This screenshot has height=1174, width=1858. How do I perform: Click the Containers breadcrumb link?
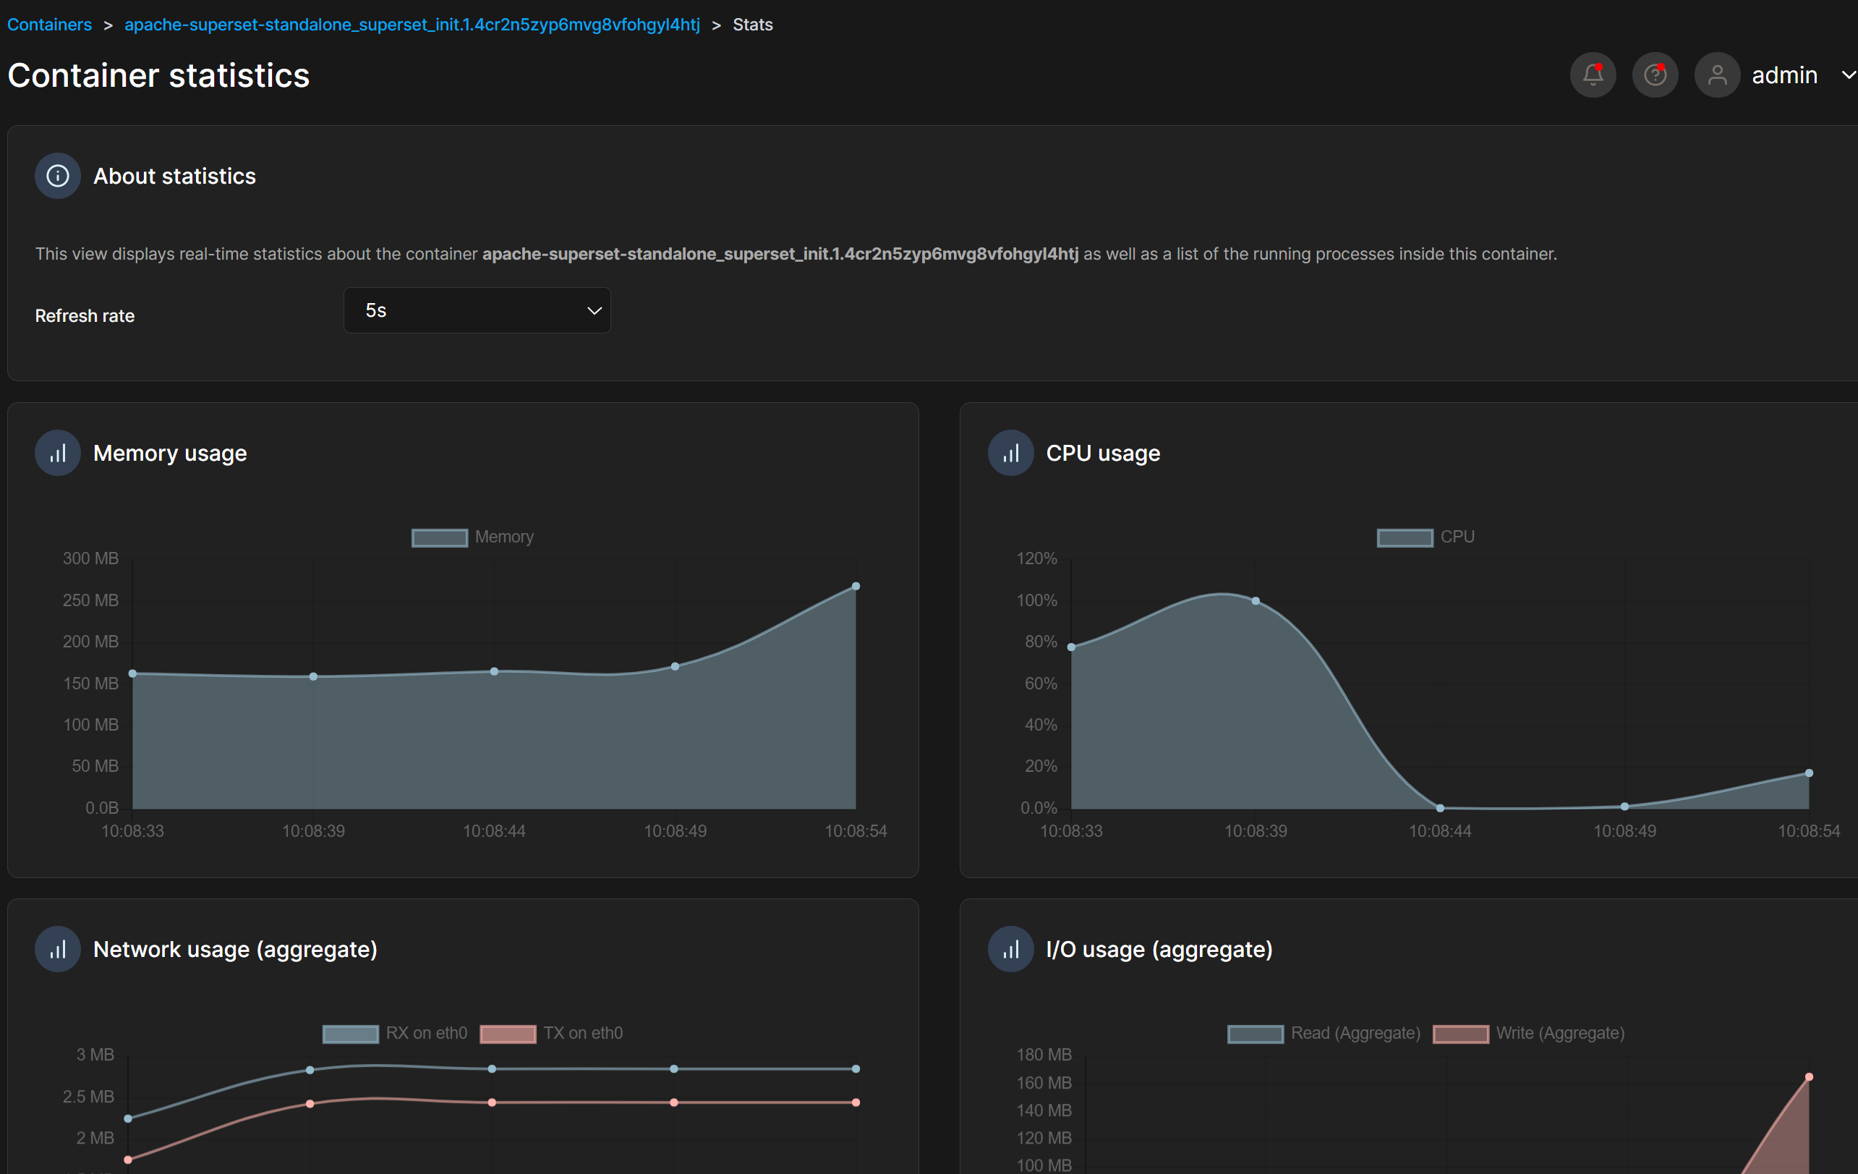[x=49, y=25]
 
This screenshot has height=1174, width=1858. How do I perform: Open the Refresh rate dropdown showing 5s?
[x=477, y=310]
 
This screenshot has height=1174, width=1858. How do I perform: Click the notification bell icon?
[x=1593, y=75]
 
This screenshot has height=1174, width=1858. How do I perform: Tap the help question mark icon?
[x=1654, y=75]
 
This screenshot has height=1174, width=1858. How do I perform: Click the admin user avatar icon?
[x=1717, y=75]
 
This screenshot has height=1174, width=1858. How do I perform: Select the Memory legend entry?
[x=472, y=537]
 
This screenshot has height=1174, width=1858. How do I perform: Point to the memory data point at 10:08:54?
[x=856, y=587]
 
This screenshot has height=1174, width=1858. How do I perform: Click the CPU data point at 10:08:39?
[x=1256, y=600]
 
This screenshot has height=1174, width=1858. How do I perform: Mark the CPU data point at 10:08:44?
[x=1440, y=808]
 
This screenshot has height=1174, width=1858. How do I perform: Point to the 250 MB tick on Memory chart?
[x=90, y=600]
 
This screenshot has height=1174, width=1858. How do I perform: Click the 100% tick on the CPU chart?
[x=1036, y=600]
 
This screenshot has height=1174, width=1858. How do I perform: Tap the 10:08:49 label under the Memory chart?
[x=676, y=831]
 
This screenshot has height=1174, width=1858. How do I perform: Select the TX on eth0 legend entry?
[x=551, y=1034]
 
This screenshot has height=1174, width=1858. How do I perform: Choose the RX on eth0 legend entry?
[x=394, y=1034]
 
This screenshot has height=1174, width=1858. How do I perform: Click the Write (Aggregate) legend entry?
[x=1527, y=1034]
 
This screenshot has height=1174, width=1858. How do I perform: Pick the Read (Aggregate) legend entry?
[x=1324, y=1034]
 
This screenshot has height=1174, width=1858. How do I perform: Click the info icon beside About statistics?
[x=58, y=176]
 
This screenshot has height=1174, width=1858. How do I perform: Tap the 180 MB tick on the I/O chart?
[x=1043, y=1055]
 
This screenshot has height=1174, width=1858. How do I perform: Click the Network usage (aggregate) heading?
[x=234, y=949]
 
